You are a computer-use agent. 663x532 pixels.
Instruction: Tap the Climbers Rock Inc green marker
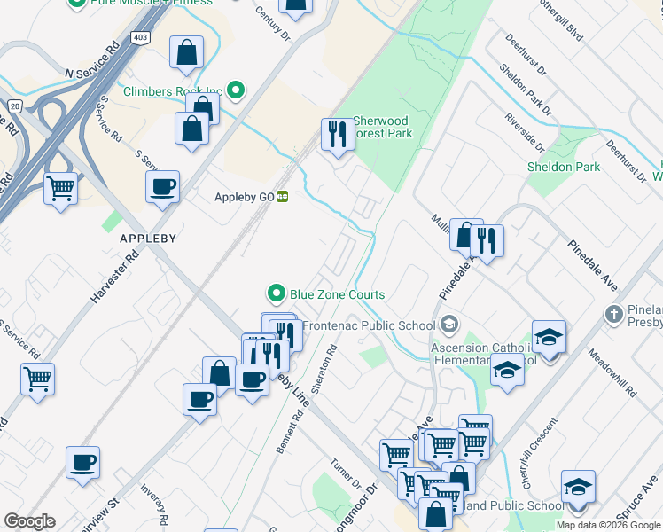click(236, 90)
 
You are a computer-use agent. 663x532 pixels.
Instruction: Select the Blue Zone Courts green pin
click(277, 293)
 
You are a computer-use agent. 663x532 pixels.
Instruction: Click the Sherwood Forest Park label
click(382, 127)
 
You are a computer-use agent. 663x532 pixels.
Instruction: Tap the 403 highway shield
click(140, 38)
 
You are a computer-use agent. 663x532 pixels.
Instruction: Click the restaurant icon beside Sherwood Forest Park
click(336, 135)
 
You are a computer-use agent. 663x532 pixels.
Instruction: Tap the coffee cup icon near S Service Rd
click(163, 187)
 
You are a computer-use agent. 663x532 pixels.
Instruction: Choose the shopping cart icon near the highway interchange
click(60, 188)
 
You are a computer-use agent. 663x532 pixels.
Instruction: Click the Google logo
click(29, 521)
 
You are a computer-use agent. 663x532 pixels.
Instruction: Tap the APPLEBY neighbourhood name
click(149, 239)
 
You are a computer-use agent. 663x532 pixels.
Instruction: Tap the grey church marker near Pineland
click(612, 314)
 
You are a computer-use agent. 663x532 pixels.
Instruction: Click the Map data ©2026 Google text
click(608, 525)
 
